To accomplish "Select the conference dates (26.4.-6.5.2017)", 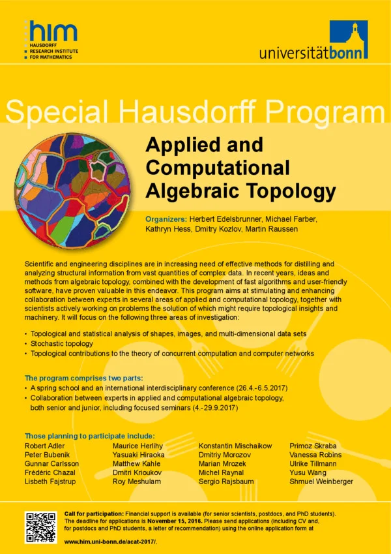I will (250, 388).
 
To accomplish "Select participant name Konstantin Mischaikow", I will (235, 446).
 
